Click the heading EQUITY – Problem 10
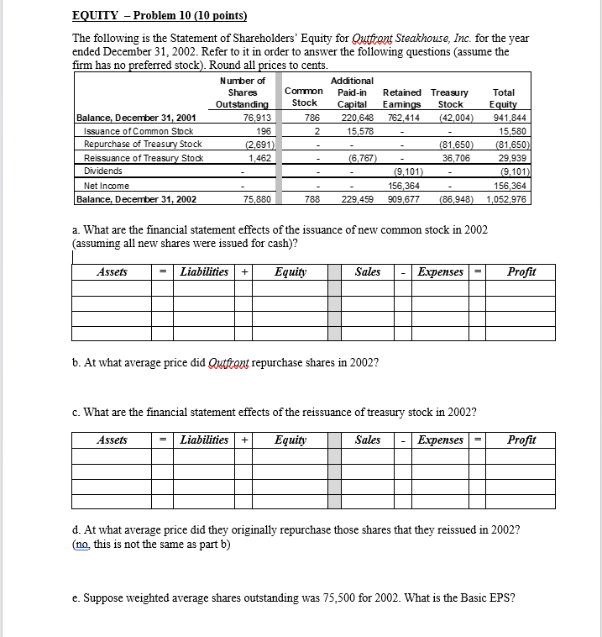point(154,16)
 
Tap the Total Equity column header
point(504,98)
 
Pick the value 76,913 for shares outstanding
point(256,118)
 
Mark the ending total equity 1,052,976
point(505,199)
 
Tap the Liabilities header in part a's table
point(204,272)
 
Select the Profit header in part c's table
point(521,440)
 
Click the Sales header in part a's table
point(368,272)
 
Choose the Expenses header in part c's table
point(441,440)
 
